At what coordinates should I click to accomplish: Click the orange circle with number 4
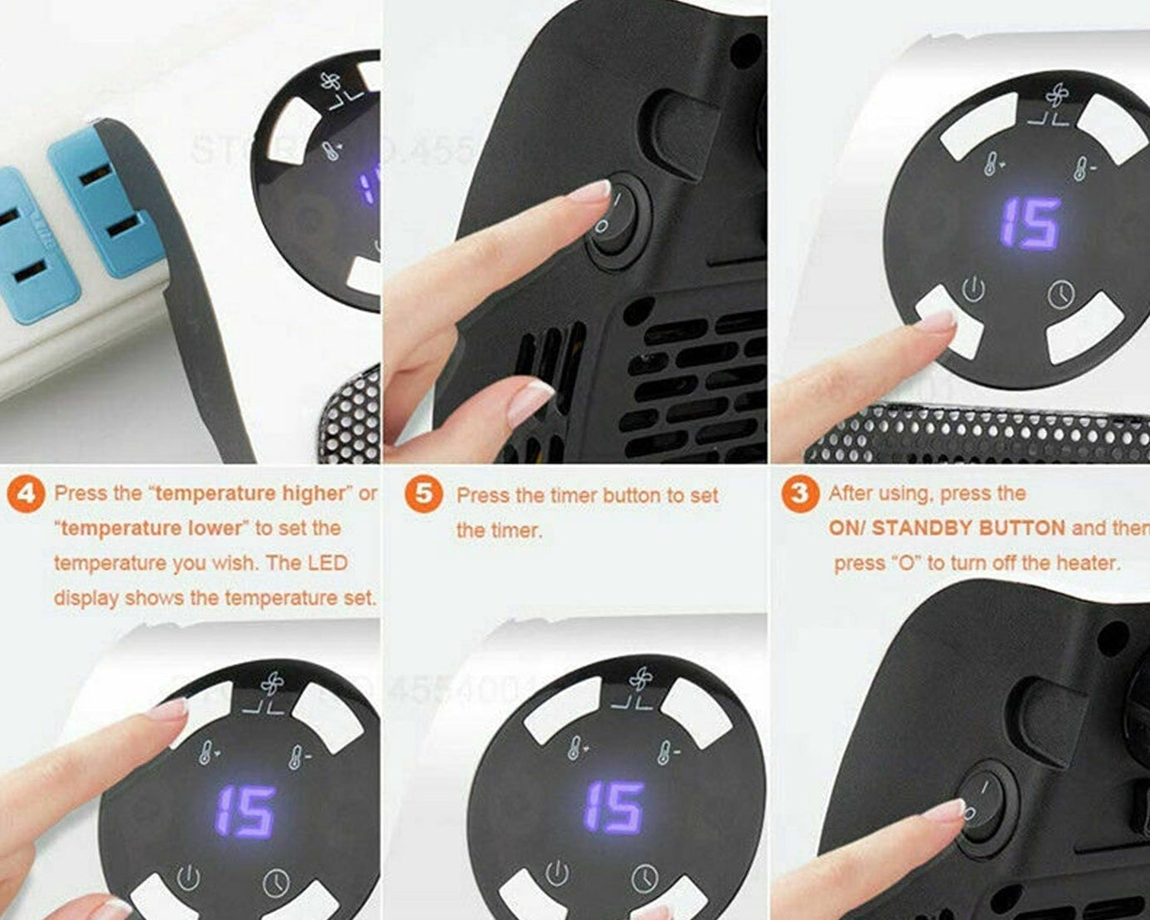pyautogui.click(x=27, y=494)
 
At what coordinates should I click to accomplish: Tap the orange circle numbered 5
pyautogui.click(x=424, y=494)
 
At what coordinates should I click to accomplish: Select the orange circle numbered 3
pyautogui.click(x=799, y=493)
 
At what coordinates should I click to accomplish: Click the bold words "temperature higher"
pyautogui.click(x=250, y=493)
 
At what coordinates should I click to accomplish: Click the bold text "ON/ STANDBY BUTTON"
pyautogui.click(x=946, y=528)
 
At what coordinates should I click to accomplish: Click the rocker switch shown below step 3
pyautogui.click(x=983, y=804)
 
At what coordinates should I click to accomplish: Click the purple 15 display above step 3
pyautogui.click(x=1029, y=224)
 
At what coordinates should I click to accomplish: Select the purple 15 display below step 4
pyautogui.click(x=245, y=811)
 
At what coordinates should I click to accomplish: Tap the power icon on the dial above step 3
pyautogui.click(x=973, y=289)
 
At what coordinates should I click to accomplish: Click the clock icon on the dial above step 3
pyautogui.click(x=1060, y=294)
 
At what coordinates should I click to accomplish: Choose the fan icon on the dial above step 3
pyautogui.click(x=1056, y=96)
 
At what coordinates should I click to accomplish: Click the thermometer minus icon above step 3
pyautogui.click(x=1083, y=166)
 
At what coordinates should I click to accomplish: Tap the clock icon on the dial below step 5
pyautogui.click(x=644, y=878)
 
